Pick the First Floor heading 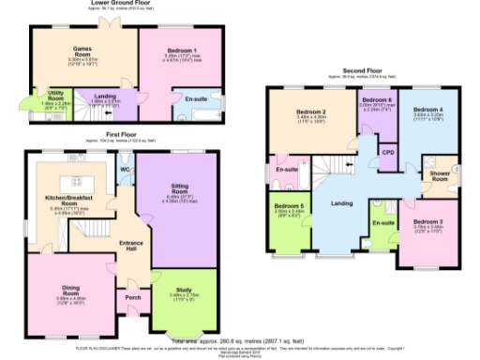121,135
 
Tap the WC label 124,170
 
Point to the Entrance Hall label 131,246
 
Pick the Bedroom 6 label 378,99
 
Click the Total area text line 243,341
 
